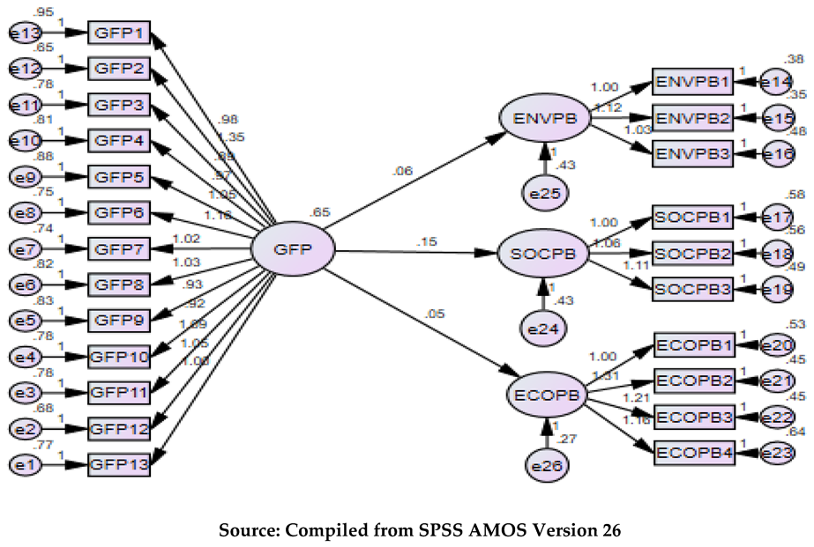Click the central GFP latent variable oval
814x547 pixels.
[x=293, y=250]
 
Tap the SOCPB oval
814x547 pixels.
[x=543, y=253]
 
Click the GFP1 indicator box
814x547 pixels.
[x=119, y=33]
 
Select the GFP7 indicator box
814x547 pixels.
[x=119, y=249]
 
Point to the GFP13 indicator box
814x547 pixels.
[x=119, y=463]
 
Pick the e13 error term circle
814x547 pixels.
[x=22, y=33]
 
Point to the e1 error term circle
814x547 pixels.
[x=22, y=463]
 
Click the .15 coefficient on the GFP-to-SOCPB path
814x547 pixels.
[x=426, y=240]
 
